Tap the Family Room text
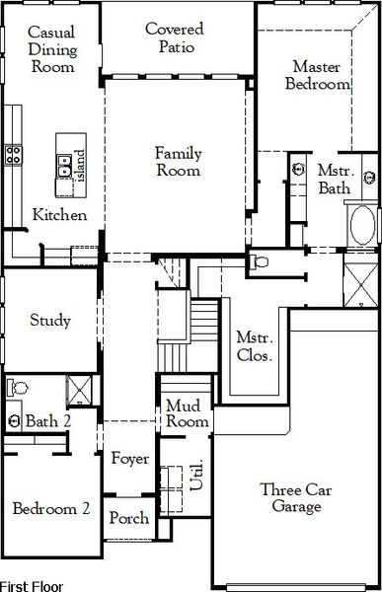[177, 162]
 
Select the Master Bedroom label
[318, 75]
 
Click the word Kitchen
[59, 215]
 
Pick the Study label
[49, 320]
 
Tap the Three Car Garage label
[290, 498]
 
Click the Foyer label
[129, 459]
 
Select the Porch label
[128, 518]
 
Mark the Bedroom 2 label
[51, 509]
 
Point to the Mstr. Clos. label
[255, 318]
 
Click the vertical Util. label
[196, 481]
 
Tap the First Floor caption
[32, 585]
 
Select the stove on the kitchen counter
[15, 153]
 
